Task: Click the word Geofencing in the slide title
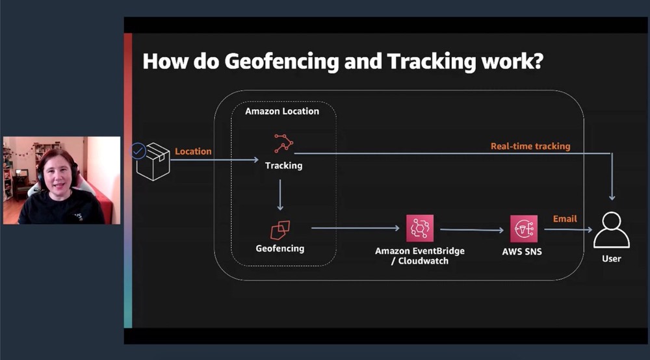tap(281, 61)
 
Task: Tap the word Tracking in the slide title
tap(432, 61)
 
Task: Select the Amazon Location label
tap(282, 111)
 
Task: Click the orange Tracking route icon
tap(283, 144)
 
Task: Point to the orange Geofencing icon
tap(280, 230)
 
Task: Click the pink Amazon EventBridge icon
tap(420, 228)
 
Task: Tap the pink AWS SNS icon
tap(523, 229)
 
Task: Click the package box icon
tap(153, 162)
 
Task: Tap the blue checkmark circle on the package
tap(138, 151)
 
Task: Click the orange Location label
tap(193, 151)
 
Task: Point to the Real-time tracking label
tap(530, 146)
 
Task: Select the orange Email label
tap(565, 219)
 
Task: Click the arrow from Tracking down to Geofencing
tap(280, 195)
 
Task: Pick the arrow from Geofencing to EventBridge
tap(356, 228)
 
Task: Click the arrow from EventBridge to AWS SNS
tap(472, 229)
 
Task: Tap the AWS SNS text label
tap(522, 251)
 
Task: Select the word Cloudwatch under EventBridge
tap(423, 261)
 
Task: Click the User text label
tap(612, 259)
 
